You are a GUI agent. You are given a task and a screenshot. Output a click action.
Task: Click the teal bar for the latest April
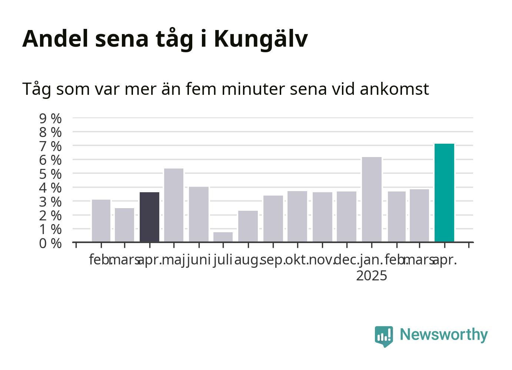click(x=444, y=193)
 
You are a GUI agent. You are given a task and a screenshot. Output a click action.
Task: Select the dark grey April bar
click(x=149, y=217)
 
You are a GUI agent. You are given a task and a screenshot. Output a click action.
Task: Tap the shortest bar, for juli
click(x=223, y=237)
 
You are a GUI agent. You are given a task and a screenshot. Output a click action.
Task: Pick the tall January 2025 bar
click(x=372, y=199)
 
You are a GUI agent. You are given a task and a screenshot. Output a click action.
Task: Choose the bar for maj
click(x=174, y=205)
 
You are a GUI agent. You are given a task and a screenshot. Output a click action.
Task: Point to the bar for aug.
click(x=248, y=226)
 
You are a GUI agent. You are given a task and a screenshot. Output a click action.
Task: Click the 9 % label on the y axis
click(x=50, y=119)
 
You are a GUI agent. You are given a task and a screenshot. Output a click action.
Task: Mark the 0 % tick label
click(x=50, y=243)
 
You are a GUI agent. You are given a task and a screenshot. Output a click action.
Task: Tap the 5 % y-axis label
click(x=50, y=174)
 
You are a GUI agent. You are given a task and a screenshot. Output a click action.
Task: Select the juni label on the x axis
click(x=199, y=260)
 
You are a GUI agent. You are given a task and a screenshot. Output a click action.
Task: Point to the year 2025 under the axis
click(x=372, y=276)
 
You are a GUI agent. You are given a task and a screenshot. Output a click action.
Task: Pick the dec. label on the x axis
click(x=347, y=260)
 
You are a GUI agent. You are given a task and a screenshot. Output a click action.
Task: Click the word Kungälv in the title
click(x=261, y=39)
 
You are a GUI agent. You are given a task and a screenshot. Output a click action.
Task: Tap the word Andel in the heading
click(x=55, y=39)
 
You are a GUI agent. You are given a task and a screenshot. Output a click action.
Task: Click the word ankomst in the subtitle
click(x=394, y=89)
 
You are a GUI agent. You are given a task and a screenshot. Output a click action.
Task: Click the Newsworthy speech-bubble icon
click(x=384, y=336)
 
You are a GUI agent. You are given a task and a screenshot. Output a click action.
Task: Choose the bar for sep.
click(x=273, y=219)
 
